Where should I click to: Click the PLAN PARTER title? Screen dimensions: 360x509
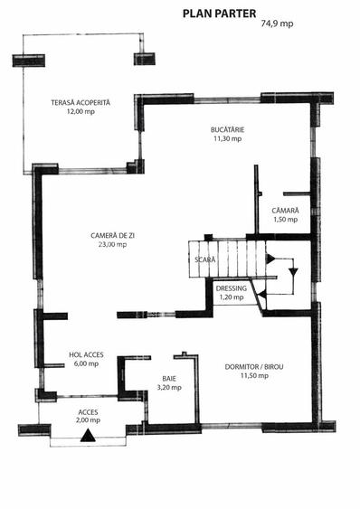tap(219, 14)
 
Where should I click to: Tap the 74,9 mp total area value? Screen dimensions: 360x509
tap(277, 24)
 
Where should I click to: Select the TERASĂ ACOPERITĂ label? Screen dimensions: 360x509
tap(81, 102)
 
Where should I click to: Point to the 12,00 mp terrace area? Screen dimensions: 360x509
tap(81, 112)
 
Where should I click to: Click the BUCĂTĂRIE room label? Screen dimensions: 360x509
tap(227, 129)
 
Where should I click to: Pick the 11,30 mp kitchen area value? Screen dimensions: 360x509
tap(227, 138)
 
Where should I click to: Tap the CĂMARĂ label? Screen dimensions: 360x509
tap(285, 211)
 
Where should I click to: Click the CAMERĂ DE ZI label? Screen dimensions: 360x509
tap(113, 235)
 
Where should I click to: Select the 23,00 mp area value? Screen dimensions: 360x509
tap(113, 244)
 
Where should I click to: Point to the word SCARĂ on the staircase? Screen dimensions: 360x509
tap(205, 259)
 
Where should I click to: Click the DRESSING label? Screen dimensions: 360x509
tap(232, 288)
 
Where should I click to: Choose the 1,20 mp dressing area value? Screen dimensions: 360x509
tap(232, 297)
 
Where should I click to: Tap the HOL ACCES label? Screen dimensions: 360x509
tap(86, 354)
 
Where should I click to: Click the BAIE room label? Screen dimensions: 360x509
tap(169, 379)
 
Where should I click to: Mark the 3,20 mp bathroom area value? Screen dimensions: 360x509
tap(169, 387)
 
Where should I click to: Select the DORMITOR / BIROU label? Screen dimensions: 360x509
tap(254, 367)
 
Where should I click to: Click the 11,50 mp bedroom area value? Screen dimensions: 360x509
tap(254, 375)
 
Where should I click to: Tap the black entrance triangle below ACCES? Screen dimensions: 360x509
tap(88, 437)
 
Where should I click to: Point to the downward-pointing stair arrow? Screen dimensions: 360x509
tap(294, 271)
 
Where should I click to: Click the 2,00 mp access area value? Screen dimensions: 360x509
tap(89, 420)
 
